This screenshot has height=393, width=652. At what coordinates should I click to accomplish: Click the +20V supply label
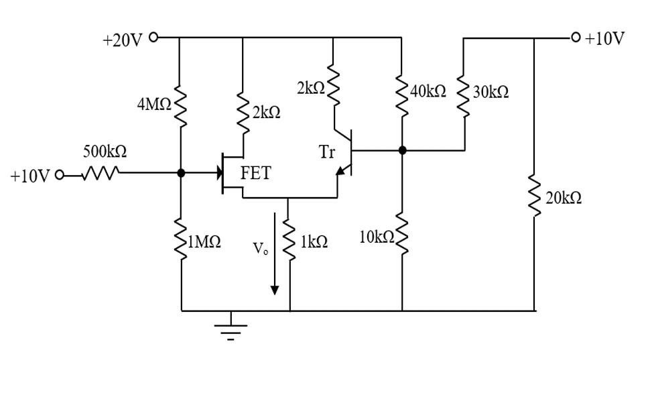122,40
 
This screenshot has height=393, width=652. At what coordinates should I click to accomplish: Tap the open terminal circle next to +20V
153,37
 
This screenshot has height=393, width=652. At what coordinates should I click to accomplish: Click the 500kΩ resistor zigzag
101,174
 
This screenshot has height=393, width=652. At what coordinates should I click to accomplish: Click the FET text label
255,173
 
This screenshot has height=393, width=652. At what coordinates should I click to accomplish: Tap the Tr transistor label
326,152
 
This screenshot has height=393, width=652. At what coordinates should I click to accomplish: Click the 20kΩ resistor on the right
534,196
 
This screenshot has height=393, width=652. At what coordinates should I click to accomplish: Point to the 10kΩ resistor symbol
401,235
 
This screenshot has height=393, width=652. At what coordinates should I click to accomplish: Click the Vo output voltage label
261,249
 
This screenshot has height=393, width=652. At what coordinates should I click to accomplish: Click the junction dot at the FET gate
181,173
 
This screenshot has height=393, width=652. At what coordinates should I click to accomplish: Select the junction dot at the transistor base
402,150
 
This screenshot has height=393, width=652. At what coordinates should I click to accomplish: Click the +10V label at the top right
604,38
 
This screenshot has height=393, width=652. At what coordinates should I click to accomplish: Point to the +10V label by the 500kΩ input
29,176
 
